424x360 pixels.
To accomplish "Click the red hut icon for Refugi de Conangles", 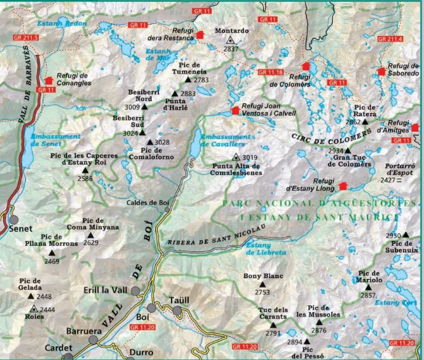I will [x=47, y=80].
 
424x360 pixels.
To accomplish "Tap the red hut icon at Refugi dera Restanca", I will [x=199, y=35].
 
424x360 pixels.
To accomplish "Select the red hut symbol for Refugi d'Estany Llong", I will [x=343, y=186].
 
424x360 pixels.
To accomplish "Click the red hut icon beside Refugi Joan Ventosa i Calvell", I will [x=235, y=110].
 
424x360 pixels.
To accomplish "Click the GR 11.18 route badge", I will [x=270, y=72].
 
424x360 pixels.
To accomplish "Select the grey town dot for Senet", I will [x=13, y=220].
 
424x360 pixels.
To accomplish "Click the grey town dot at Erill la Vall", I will [x=136, y=291].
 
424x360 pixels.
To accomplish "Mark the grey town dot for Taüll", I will [x=178, y=310].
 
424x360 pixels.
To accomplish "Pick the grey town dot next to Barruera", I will [x=93, y=340].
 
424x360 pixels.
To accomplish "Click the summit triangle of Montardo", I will [x=230, y=41].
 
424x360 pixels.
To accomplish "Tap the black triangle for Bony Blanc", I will [x=263, y=284].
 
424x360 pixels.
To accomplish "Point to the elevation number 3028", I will [x=162, y=142].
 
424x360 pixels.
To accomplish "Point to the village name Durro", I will [x=141, y=353].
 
